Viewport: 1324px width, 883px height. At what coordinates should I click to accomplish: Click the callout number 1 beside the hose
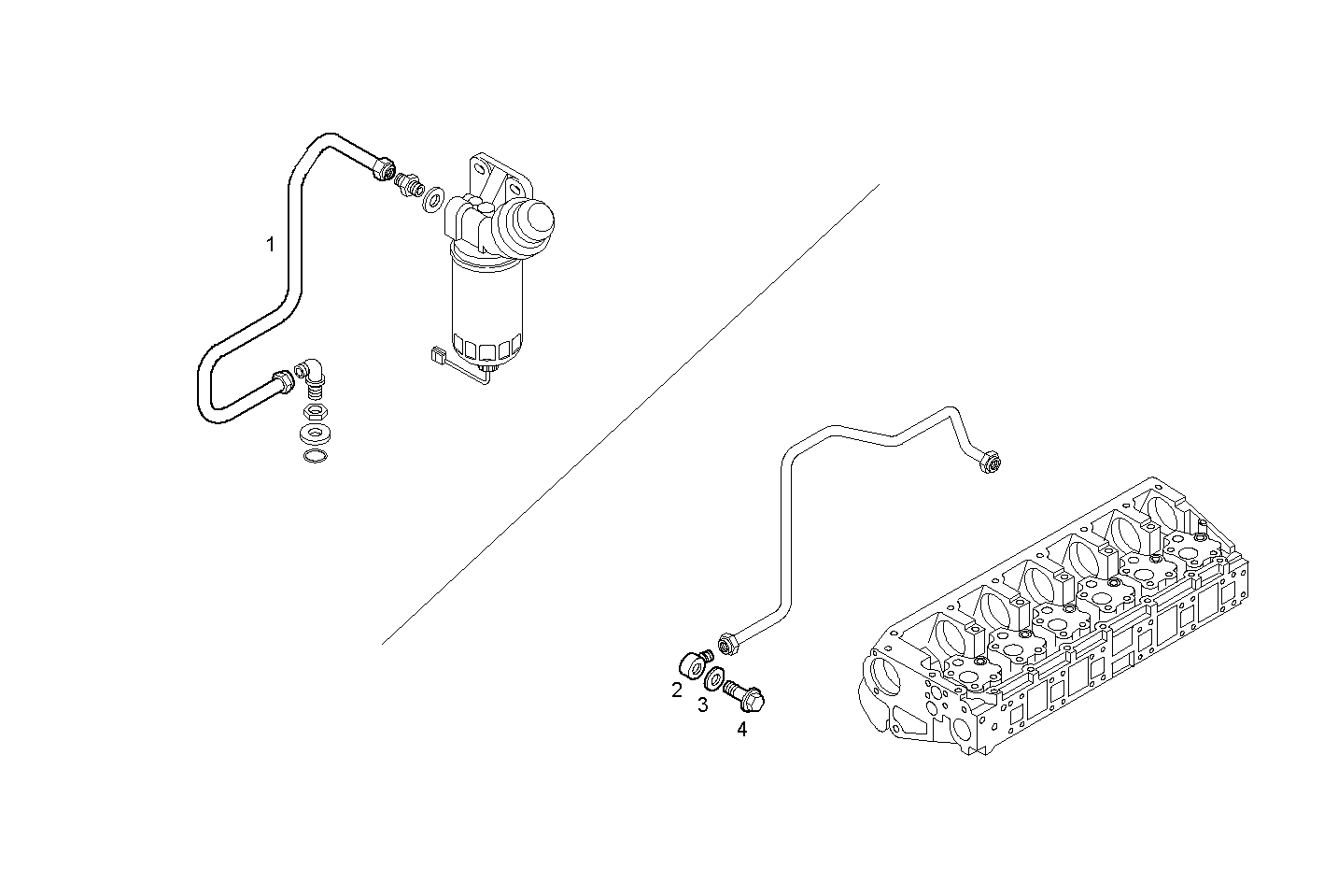click(271, 245)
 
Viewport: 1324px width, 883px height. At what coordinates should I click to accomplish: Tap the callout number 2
click(677, 691)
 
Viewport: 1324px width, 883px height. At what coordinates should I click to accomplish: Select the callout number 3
click(702, 705)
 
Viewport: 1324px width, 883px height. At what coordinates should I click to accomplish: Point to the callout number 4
click(741, 729)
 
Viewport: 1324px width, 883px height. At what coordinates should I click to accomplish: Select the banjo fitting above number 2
click(692, 666)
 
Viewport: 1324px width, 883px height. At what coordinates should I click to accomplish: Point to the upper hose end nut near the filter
click(382, 169)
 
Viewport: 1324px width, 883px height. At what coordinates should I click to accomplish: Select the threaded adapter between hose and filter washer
click(408, 182)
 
